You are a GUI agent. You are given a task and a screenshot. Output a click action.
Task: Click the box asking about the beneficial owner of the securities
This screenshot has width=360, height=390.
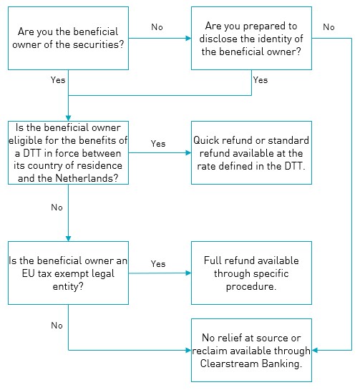tap(68, 38)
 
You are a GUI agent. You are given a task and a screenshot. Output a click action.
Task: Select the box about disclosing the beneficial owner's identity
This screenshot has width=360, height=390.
tap(251, 38)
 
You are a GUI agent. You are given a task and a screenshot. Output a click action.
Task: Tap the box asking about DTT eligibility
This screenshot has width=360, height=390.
tap(68, 152)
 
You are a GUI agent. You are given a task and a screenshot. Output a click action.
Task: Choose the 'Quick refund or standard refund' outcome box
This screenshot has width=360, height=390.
tap(251, 152)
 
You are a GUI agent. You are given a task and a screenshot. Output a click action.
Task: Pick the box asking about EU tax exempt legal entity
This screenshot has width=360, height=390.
tap(68, 273)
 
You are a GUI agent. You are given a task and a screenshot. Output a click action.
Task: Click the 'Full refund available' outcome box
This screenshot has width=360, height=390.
tap(251, 273)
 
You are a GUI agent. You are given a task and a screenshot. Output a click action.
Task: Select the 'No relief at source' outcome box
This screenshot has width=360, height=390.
tap(251, 350)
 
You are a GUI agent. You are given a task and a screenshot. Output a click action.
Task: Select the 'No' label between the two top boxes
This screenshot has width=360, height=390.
tap(157, 27)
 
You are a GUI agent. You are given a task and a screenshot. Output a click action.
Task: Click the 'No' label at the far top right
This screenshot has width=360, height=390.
tap(329, 27)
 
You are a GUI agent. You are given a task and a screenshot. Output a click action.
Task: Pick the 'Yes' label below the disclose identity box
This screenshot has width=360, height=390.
tap(261, 80)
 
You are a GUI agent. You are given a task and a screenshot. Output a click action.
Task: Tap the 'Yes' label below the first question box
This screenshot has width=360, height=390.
tap(58, 80)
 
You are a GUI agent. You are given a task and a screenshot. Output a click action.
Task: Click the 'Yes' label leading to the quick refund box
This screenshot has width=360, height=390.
tap(158, 144)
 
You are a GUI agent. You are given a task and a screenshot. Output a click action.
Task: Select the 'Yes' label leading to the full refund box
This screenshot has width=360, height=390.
tap(158, 263)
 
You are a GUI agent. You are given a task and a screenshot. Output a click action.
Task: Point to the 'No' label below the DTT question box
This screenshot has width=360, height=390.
tap(57, 208)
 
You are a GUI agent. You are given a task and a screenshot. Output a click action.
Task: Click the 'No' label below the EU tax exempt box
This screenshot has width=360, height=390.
tap(57, 326)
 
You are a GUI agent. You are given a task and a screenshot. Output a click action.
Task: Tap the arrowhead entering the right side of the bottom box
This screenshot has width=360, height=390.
tap(315, 350)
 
